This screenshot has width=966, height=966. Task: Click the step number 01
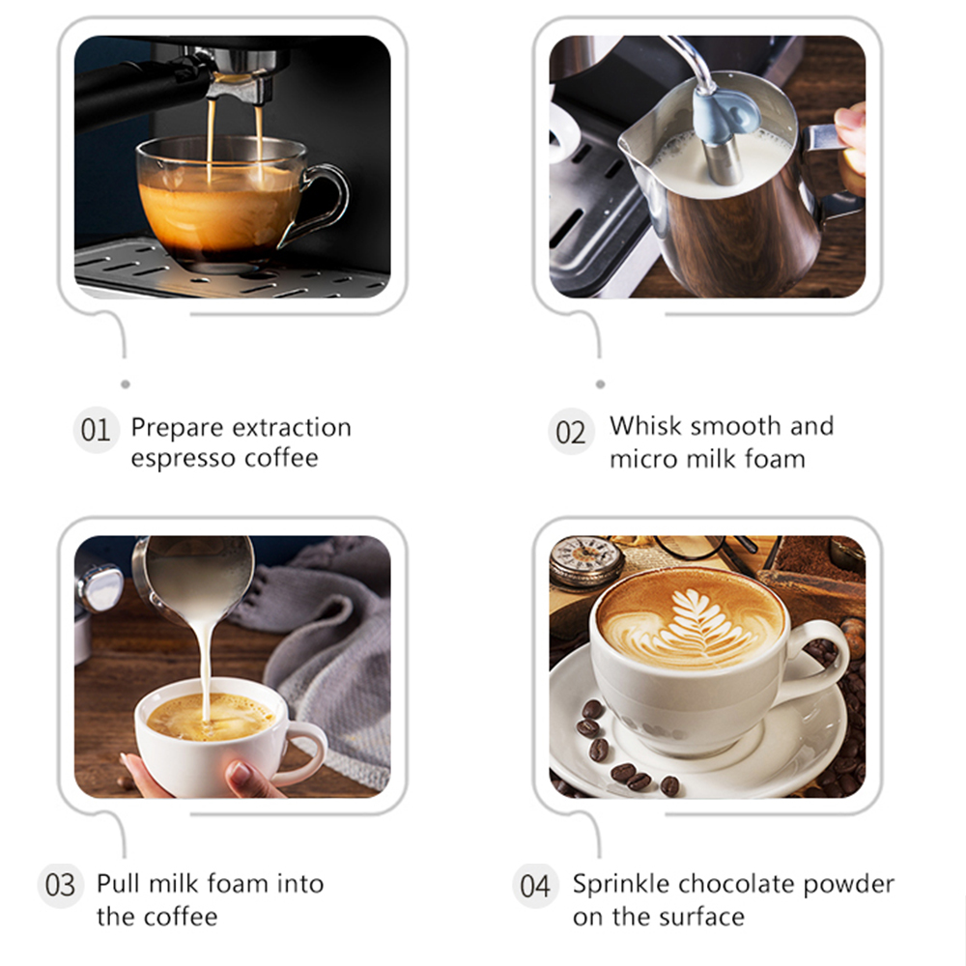[96, 430]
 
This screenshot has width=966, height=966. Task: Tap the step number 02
[571, 432]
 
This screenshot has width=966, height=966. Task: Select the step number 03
[60, 885]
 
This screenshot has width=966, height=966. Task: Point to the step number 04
[535, 887]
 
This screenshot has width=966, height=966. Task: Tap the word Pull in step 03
[118, 884]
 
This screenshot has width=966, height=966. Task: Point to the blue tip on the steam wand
[725, 114]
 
